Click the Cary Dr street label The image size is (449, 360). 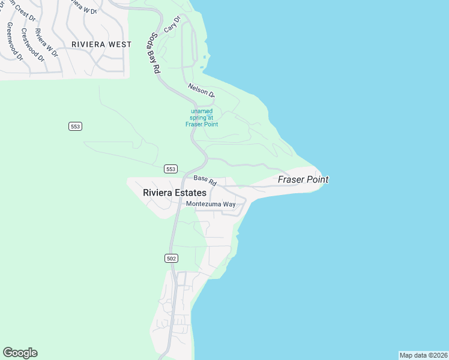point(172,25)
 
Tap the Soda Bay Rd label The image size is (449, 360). point(154,53)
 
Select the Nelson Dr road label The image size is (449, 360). point(200,91)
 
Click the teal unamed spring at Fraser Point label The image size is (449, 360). point(202,118)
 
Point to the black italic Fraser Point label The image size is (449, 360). point(303,179)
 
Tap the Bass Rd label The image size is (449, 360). point(205,179)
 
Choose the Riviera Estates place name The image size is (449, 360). point(175,193)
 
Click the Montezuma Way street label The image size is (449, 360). point(211,204)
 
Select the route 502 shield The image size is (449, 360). point(171,258)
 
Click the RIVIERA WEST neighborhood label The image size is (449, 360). point(101,44)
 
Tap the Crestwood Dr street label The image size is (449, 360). point(32,44)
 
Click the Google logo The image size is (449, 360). point(20,353)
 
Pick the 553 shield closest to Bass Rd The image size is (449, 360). point(171,169)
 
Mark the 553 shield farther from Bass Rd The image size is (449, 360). point(75,126)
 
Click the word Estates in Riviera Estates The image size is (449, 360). point(190,193)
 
